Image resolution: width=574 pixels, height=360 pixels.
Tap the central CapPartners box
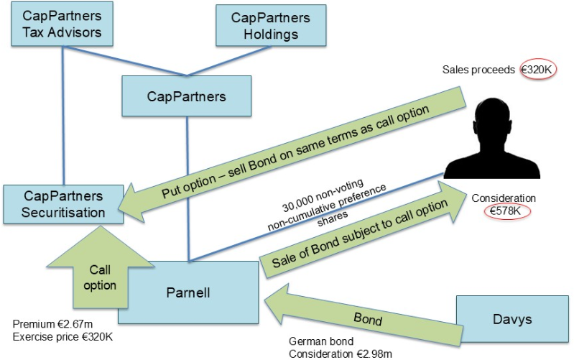(x=187, y=96)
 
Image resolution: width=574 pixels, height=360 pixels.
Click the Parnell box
(x=188, y=292)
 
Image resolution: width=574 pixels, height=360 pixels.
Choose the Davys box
(x=512, y=318)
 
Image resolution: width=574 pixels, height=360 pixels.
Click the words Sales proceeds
(x=478, y=70)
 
